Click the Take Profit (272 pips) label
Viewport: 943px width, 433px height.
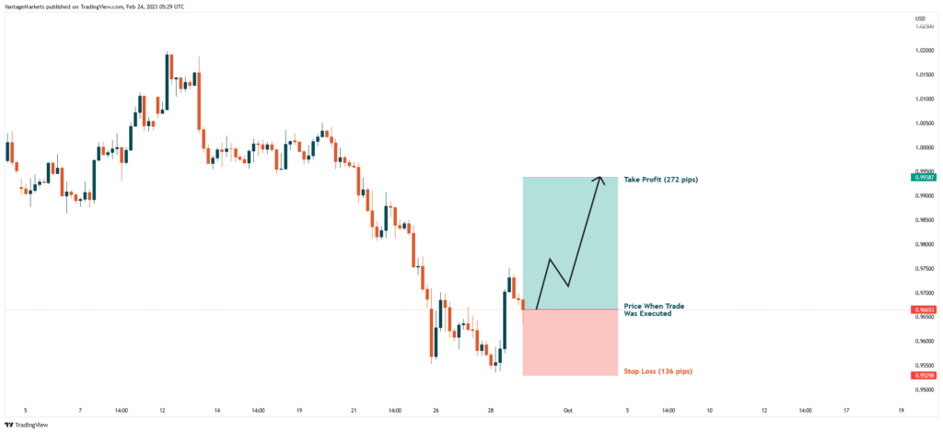pyautogui.click(x=660, y=179)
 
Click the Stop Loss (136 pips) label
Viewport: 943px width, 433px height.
pyautogui.click(x=658, y=371)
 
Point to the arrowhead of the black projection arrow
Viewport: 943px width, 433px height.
pyautogui.click(x=601, y=180)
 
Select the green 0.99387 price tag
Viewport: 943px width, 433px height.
pyautogui.click(x=925, y=177)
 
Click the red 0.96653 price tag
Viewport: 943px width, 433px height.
pyautogui.click(x=925, y=310)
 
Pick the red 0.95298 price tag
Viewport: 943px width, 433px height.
pyautogui.click(x=925, y=375)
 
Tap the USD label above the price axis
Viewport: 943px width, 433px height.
pyautogui.click(x=920, y=18)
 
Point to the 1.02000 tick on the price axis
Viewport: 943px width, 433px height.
pyautogui.click(x=925, y=51)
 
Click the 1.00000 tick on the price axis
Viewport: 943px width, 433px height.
pyautogui.click(x=925, y=147)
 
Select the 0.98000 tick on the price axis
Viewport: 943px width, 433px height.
pyautogui.click(x=925, y=244)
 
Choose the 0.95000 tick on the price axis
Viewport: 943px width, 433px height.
pyautogui.click(x=925, y=390)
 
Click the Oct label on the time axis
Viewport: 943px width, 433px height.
pyautogui.click(x=568, y=410)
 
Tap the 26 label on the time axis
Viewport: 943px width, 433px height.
pyautogui.click(x=435, y=410)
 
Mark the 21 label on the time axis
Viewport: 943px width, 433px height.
pyautogui.click(x=353, y=410)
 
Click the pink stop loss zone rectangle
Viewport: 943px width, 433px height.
pyautogui.click(x=569, y=343)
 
